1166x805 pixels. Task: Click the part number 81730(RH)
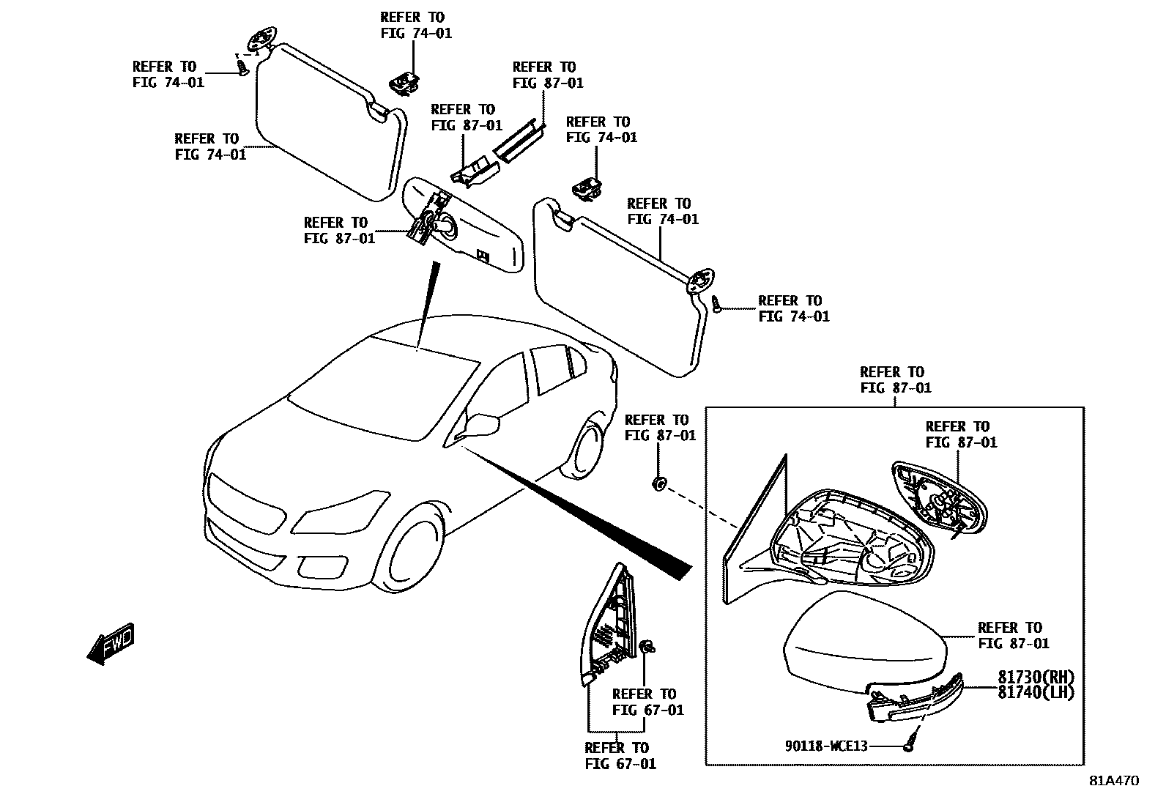(x=1035, y=677)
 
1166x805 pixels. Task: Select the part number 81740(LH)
(x=1035, y=691)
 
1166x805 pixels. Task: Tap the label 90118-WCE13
(x=826, y=746)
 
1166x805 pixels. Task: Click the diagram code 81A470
(x=1113, y=781)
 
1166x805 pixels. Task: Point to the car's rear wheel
(x=587, y=448)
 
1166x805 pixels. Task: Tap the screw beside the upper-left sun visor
(x=242, y=67)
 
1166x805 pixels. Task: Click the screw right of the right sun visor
(x=717, y=304)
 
